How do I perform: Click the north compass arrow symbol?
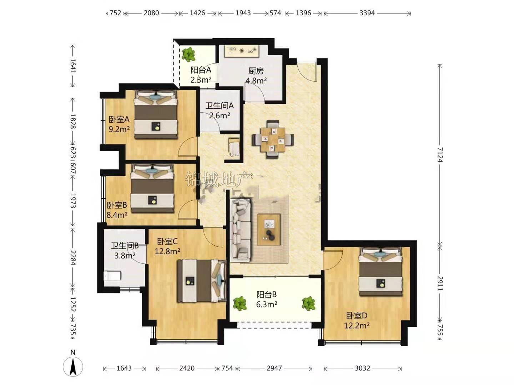tap(73, 366)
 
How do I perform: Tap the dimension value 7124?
tap(440, 155)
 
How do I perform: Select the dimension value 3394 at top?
tap(367, 13)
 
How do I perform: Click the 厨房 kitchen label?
tap(256, 70)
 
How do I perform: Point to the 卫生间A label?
tap(220, 106)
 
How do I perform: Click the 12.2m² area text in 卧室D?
tap(357, 325)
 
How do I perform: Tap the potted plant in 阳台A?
tap(188, 55)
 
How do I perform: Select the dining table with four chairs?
tap(273, 139)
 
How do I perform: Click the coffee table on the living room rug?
tap(269, 230)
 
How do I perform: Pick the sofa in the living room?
tap(241, 230)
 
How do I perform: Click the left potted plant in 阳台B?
tap(240, 304)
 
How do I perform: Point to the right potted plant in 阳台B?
tap(308, 304)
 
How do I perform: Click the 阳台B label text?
tap(267, 294)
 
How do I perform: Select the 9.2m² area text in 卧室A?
tap(119, 129)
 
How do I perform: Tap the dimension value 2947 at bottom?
tap(274, 368)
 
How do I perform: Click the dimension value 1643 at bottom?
tap(124, 368)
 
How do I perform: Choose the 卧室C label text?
tap(167, 241)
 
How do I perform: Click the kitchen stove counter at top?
tap(242, 51)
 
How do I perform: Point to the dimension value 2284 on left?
tap(73, 257)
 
